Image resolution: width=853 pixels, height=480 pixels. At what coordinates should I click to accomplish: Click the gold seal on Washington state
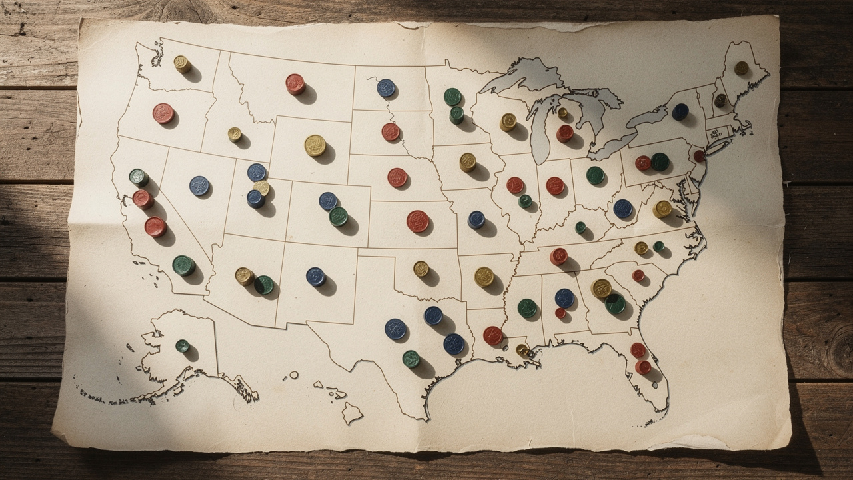182,64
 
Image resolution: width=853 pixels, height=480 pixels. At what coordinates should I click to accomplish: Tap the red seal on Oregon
163,113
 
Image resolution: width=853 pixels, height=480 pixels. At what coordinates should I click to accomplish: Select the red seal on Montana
295,84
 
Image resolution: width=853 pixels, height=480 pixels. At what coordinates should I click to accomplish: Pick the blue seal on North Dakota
386,88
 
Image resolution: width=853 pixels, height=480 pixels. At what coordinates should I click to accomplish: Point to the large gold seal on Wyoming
315,145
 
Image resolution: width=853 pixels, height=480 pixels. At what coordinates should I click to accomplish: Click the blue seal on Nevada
199,185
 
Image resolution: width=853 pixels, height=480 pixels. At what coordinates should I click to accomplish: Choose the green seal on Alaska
182,346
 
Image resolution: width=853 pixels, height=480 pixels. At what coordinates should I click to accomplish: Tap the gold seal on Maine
741,68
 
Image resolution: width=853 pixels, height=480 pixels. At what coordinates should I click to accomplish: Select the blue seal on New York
680,111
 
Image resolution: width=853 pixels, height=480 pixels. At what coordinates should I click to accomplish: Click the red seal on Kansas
418,221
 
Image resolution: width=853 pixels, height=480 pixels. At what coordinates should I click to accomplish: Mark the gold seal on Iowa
468,162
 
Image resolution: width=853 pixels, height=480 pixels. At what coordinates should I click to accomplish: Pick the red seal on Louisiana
493,336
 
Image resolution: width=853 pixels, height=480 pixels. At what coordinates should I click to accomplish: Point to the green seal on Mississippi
527,308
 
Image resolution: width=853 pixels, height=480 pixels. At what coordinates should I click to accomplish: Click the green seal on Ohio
595,175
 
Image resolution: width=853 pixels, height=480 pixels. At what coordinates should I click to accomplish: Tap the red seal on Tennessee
558,256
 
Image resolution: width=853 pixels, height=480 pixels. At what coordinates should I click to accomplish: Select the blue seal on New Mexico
315,277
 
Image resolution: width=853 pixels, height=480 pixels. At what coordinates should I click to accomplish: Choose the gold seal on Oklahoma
421,269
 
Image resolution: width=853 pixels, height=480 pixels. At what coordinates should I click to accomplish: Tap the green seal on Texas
411,359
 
